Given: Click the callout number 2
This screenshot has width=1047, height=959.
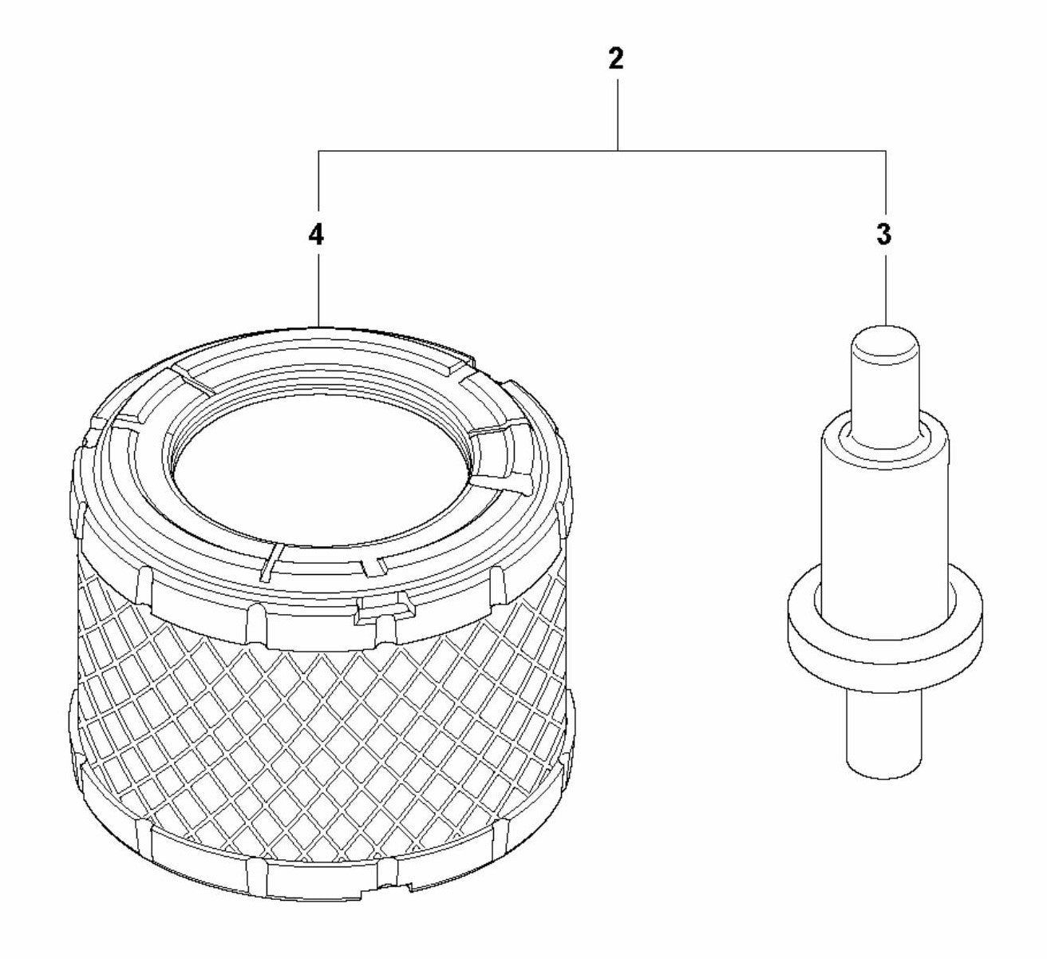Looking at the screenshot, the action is pyautogui.click(x=616, y=59).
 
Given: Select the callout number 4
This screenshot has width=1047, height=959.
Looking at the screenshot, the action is pyautogui.click(x=316, y=235).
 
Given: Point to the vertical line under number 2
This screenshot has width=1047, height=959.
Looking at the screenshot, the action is pyautogui.click(x=618, y=115).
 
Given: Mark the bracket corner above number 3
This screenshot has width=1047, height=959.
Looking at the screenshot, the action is pyautogui.click(x=885, y=152).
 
